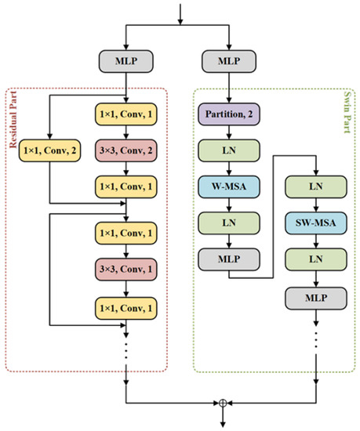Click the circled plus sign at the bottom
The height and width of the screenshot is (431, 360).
(x=223, y=402)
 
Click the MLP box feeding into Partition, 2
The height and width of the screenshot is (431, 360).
(x=229, y=59)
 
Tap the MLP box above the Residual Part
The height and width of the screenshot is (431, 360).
(x=125, y=59)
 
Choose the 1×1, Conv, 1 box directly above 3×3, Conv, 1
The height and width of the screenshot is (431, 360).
(x=125, y=232)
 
